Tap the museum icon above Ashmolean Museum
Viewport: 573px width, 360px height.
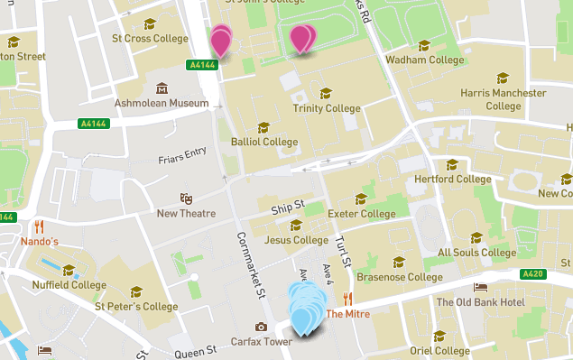click(x=162, y=88)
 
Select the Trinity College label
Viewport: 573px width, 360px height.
click(x=326, y=108)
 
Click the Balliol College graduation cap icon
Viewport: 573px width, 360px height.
click(x=263, y=127)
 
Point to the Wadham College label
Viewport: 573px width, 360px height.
click(x=424, y=60)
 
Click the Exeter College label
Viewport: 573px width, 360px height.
click(x=361, y=214)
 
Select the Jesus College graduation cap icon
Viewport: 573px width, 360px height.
click(x=296, y=225)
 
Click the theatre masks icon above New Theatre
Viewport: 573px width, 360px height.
click(x=186, y=198)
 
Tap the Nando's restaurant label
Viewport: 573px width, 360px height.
click(x=41, y=242)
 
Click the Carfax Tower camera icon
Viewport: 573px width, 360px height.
click(x=261, y=327)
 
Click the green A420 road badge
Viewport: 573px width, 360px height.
click(x=533, y=273)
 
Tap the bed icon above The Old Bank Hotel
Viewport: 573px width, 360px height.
click(x=480, y=287)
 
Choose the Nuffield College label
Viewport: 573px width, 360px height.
click(x=69, y=285)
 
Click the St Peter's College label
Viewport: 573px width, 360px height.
click(x=136, y=307)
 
